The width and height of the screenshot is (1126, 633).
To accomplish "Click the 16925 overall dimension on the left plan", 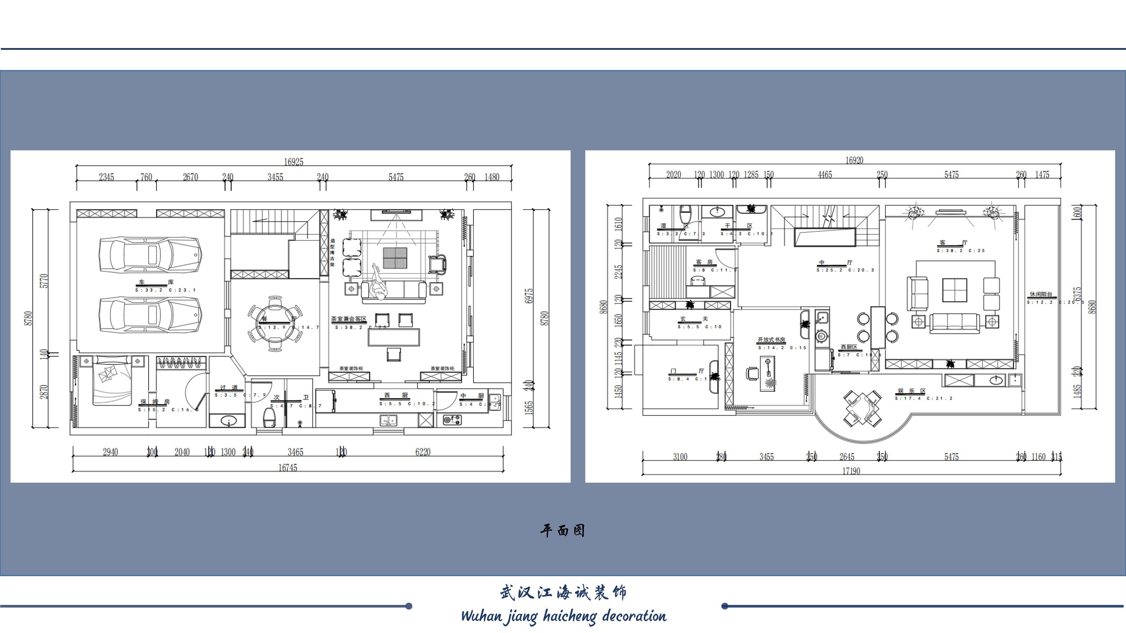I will coord(293,162).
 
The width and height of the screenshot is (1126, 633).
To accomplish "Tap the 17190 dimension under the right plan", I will coord(851,471).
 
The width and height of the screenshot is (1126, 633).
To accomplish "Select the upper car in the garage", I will coord(150,255).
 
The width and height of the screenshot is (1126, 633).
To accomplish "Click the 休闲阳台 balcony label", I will coord(1041,295).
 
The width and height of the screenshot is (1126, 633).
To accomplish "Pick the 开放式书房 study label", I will coord(771,340).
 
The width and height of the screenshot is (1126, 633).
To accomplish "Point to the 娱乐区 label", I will coord(911,391).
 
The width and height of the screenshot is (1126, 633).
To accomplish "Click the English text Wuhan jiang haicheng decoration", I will coord(563,616).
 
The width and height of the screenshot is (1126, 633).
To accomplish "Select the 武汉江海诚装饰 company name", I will coord(563,593).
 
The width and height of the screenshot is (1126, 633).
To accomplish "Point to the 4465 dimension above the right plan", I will coord(825,175).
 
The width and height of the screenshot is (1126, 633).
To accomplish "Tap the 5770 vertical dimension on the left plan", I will coord(44,281).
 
